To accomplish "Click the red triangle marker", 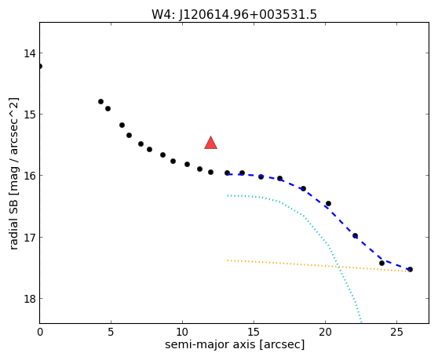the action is tap(210, 144).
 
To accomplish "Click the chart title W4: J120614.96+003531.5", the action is tap(234, 14).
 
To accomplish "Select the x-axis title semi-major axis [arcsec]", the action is tap(235, 344).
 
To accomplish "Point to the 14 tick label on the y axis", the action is tap(30, 53).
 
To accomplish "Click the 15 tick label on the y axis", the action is tap(30, 115).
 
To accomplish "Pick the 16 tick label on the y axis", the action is tap(30, 176).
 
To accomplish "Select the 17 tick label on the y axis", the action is tap(30, 237).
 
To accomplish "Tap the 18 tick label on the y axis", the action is tap(30, 299).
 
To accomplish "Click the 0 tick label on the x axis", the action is tap(40, 332).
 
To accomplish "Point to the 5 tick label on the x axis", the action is tap(111, 332).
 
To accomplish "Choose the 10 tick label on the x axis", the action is tap(182, 332).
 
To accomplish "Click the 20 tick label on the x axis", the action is tap(325, 332).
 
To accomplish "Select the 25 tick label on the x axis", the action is tap(396, 332).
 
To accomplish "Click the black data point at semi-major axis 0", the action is tap(40, 66).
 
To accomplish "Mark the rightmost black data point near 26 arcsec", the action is tap(410, 269).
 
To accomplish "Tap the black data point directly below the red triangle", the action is tap(210, 173).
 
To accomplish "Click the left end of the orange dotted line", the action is tap(228, 260).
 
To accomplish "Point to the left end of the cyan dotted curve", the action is tap(228, 195).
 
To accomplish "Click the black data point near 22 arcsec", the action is tap(355, 236).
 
